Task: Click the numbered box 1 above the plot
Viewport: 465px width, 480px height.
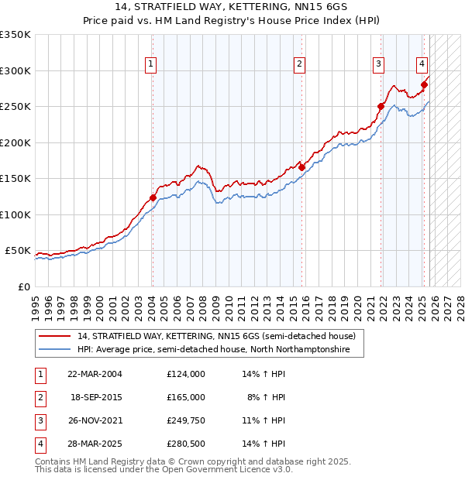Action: pos(150,64)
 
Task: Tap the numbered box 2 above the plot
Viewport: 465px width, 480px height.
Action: pos(299,64)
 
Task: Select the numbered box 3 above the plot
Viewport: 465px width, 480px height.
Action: pos(378,64)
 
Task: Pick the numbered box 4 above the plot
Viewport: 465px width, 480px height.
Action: pos(422,64)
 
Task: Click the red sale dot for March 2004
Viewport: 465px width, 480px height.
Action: pos(153,198)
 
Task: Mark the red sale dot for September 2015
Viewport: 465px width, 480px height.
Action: pos(301,167)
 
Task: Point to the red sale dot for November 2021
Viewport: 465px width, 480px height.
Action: pos(381,107)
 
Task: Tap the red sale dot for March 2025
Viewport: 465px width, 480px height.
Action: pos(424,85)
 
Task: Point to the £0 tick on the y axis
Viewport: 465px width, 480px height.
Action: pos(23,286)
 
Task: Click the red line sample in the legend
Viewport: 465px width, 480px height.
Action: pos(54,336)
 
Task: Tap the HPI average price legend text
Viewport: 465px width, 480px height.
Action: pos(214,350)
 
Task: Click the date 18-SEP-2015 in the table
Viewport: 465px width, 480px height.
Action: pos(96,397)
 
